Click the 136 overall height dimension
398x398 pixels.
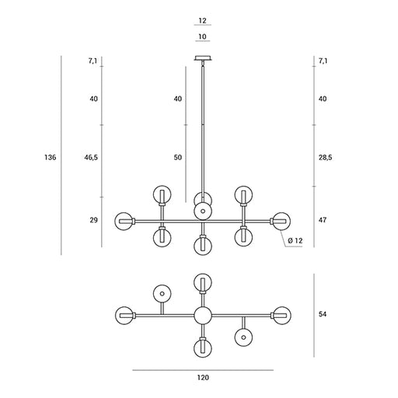(50, 157)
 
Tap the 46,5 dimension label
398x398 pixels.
(91, 157)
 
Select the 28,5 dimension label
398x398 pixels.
(325, 157)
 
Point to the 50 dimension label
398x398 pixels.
(178, 157)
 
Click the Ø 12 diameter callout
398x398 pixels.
(295, 241)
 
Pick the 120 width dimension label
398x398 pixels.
(203, 378)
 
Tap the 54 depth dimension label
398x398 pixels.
(323, 314)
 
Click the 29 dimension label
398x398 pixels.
(94, 220)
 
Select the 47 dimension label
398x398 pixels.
(323, 220)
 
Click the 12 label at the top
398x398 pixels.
(202, 20)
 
